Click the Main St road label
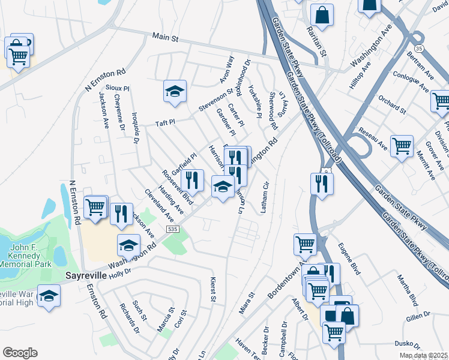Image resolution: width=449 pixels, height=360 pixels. click(x=166, y=37)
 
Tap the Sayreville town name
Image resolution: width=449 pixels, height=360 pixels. click(x=85, y=275)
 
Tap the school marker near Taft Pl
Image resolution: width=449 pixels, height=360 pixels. click(x=175, y=92)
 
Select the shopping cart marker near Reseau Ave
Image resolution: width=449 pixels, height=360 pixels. click(x=402, y=146)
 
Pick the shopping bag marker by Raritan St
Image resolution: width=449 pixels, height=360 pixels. click(x=322, y=14)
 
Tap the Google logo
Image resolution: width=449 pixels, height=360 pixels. click(x=20, y=353)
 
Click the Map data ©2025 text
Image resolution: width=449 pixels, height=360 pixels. click(x=424, y=355)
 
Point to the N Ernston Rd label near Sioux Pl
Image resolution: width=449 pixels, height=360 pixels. click(x=106, y=80)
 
